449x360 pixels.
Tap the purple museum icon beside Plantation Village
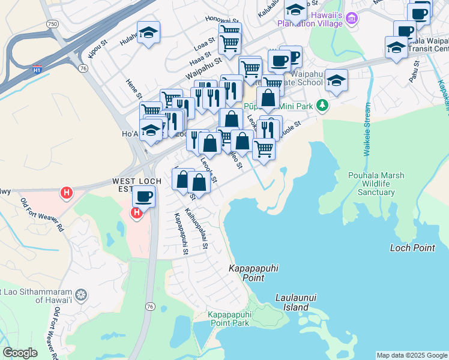pos(352,19)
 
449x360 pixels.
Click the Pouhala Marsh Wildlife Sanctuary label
pos(376,184)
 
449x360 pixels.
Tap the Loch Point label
pos(412,247)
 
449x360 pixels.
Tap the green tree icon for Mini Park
pos(323,106)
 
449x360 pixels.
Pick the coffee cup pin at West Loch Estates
pos(143,196)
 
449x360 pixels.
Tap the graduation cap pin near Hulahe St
pos(148,33)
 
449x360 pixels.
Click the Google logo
pos(20,353)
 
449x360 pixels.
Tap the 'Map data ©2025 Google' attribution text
pos(412,355)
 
